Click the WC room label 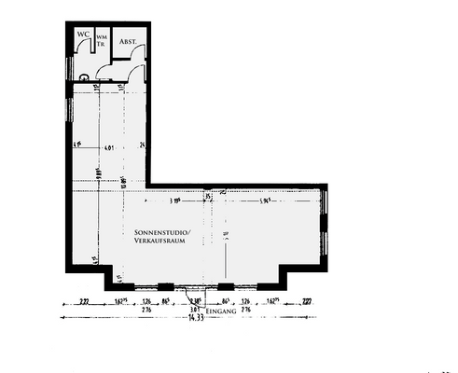click(83, 33)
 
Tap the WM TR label click(102, 39)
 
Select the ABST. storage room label click(128, 41)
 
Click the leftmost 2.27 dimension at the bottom click(84, 302)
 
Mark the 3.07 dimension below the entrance click(194, 310)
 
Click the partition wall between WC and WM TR click(94, 42)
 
